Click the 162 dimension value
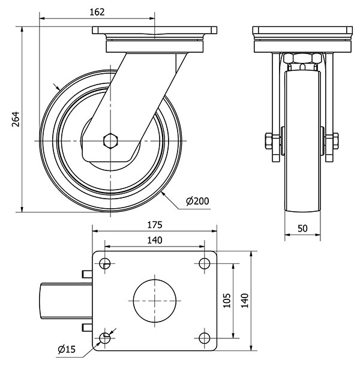[x=97, y=11]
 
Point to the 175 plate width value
[x=154, y=226]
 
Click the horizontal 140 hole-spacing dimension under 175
[x=154, y=240]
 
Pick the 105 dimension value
[x=226, y=300]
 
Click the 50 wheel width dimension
[x=303, y=229]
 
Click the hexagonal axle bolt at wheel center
[x=110, y=141]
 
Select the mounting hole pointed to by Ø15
[x=106, y=338]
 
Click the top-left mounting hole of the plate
[x=106, y=263]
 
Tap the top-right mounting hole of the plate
[x=204, y=263]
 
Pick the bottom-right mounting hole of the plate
[x=204, y=338]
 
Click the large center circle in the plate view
[x=155, y=300]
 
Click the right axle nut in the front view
[x=332, y=142]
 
